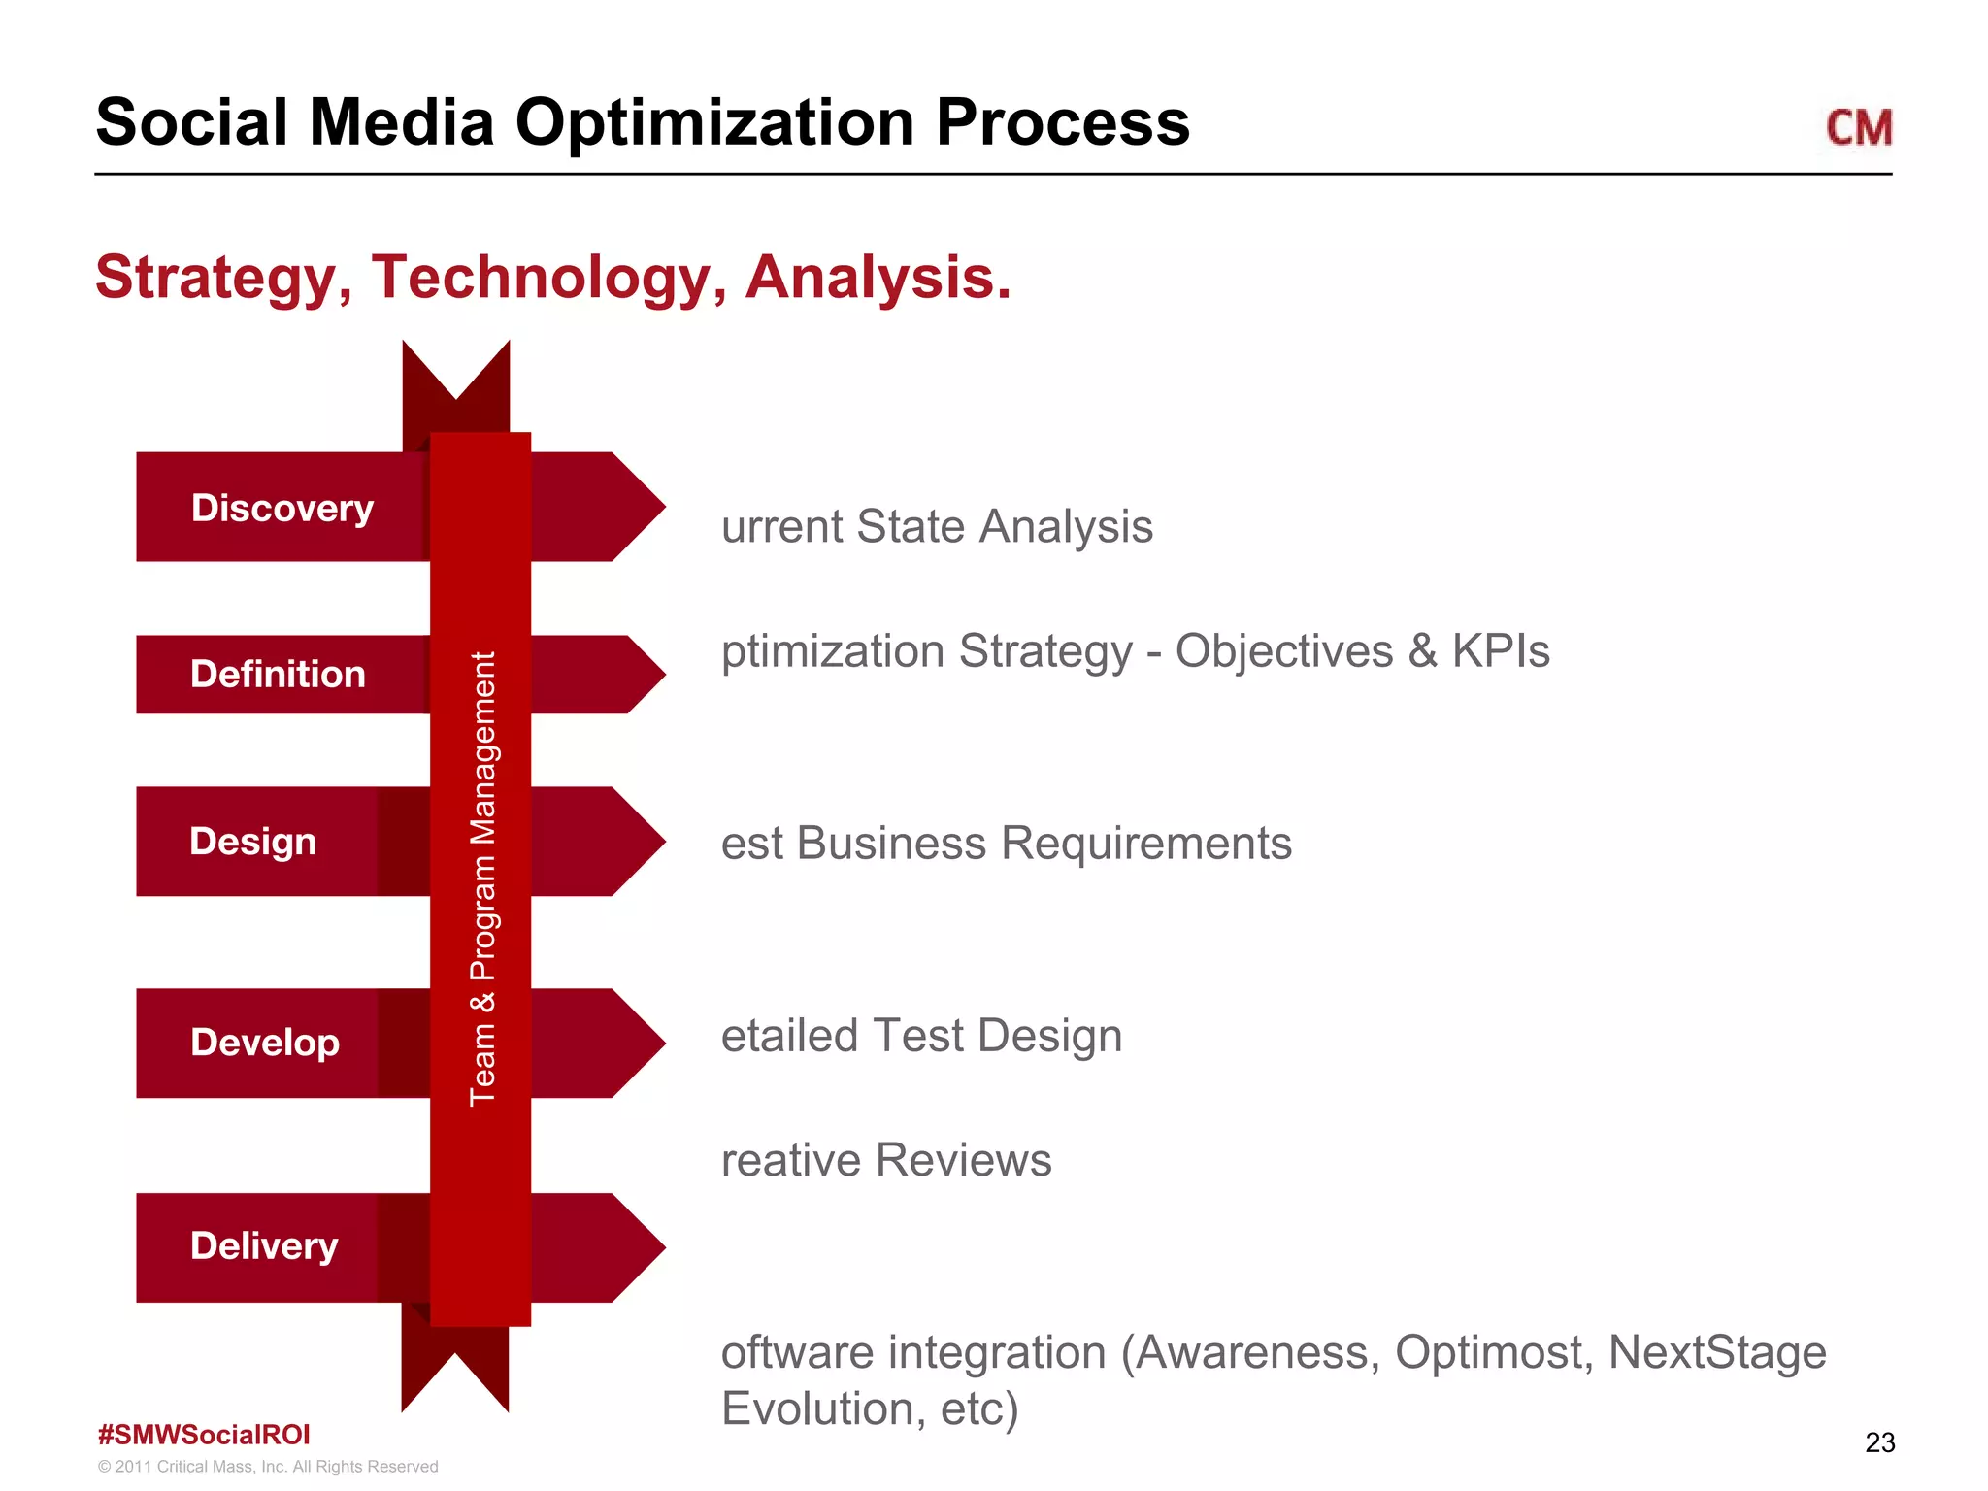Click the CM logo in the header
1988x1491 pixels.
pyautogui.click(x=1858, y=128)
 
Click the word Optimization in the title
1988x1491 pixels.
pyautogui.click(x=714, y=123)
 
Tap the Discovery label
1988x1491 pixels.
pyautogui.click(x=282, y=508)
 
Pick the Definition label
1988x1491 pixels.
pyautogui.click(x=278, y=674)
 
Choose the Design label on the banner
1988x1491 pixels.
pyautogui.click(x=252, y=841)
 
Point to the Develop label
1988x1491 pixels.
pyautogui.click(x=264, y=1043)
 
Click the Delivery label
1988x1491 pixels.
pyautogui.click(x=264, y=1246)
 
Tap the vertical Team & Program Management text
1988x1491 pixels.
pyautogui.click(x=482, y=878)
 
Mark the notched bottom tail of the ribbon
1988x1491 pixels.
pyautogui.click(x=455, y=1369)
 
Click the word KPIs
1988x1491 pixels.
pyautogui.click(x=1501, y=650)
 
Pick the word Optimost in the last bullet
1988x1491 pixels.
pyautogui.click(x=1493, y=1352)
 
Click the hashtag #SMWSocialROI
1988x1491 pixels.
pyautogui.click(x=204, y=1435)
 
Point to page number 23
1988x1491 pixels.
pyautogui.click(x=1879, y=1442)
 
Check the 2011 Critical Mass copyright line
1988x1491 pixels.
pyautogui.click(x=268, y=1467)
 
